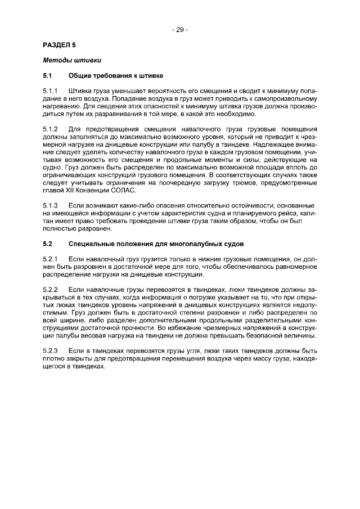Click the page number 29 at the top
pyautogui.click(x=180, y=30)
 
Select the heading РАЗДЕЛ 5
pyautogui.click(x=59, y=44)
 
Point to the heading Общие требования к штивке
pyautogui.click(x=116, y=75)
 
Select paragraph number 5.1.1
pyautogui.click(x=51, y=91)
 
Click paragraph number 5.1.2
pyautogui.click(x=51, y=129)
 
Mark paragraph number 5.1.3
pyautogui.click(x=51, y=205)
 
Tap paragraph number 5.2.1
pyautogui.click(x=51, y=259)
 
